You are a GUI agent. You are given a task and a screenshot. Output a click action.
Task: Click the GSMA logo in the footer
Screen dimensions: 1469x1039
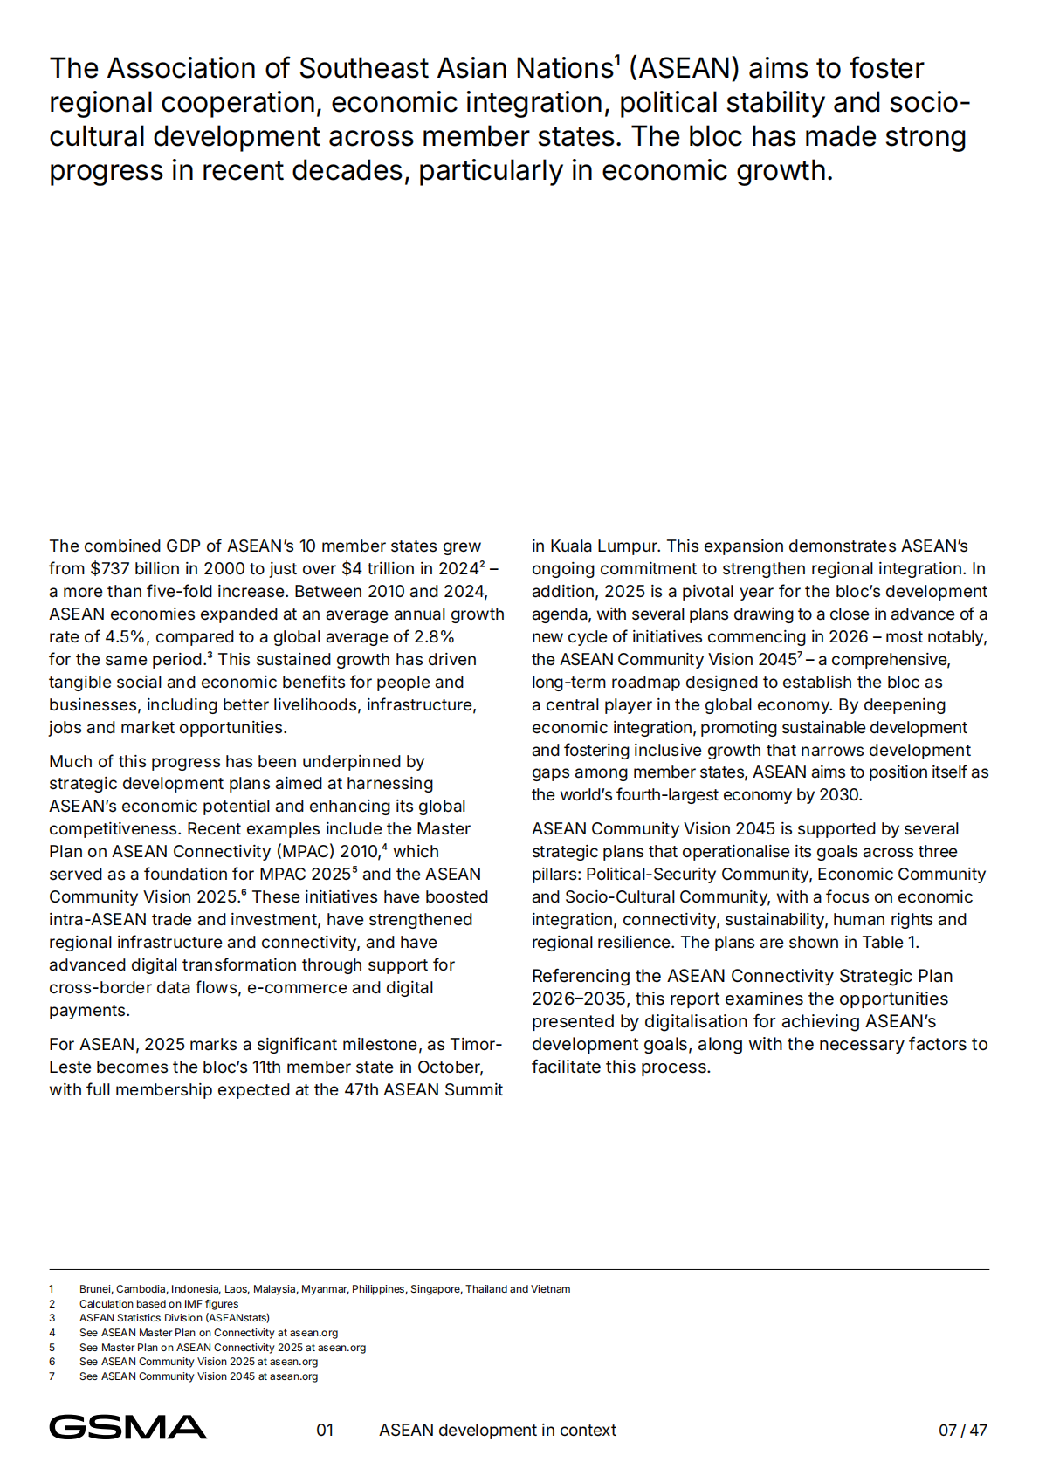click(x=127, y=1427)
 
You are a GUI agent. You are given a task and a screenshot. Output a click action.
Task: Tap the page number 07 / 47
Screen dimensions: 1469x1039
click(x=962, y=1430)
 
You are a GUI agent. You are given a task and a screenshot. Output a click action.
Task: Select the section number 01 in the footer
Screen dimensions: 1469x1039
click(x=325, y=1430)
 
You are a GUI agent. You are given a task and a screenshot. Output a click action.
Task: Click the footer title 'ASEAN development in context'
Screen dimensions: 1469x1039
click(x=497, y=1430)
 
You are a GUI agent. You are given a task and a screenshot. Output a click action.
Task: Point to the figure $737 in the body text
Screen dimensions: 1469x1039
click(x=110, y=568)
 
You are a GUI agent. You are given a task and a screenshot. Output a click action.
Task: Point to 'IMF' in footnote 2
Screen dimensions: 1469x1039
click(x=193, y=1304)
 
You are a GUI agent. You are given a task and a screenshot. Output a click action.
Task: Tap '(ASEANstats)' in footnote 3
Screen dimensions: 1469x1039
click(x=237, y=1318)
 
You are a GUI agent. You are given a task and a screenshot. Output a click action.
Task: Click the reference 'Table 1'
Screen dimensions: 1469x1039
click(x=888, y=942)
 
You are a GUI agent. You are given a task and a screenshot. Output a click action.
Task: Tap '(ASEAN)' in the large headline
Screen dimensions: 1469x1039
click(x=684, y=68)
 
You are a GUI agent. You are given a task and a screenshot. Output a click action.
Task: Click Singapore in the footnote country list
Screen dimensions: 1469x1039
click(x=435, y=1289)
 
